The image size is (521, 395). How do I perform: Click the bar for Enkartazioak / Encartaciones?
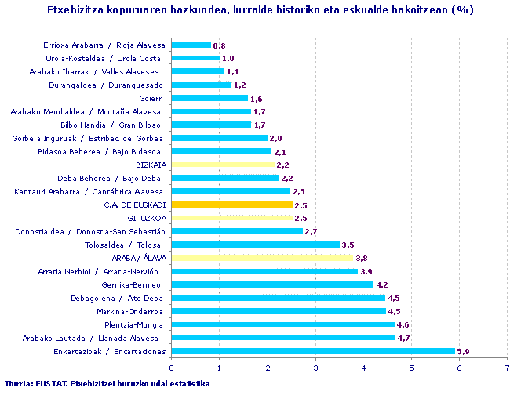coord(312,350)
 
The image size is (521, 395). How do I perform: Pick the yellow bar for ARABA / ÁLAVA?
coord(262,258)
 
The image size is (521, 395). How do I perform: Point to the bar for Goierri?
coord(209,98)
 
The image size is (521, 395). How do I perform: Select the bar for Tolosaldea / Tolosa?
coord(255,245)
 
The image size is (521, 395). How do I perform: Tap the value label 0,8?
coord(219,45)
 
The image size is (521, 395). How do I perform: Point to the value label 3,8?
coord(362,258)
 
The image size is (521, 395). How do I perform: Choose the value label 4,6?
coord(403,324)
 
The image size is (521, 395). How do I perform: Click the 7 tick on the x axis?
coord(507,366)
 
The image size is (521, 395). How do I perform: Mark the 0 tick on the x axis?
coord(171,366)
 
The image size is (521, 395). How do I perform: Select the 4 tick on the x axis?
coord(363,366)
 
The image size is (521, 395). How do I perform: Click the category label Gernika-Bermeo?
coord(135,284)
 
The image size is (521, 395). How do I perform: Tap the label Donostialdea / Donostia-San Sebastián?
coord(90,231)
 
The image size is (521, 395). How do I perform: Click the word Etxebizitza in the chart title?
coord(77,10)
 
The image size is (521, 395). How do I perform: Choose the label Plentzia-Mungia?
coord(134,324)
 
